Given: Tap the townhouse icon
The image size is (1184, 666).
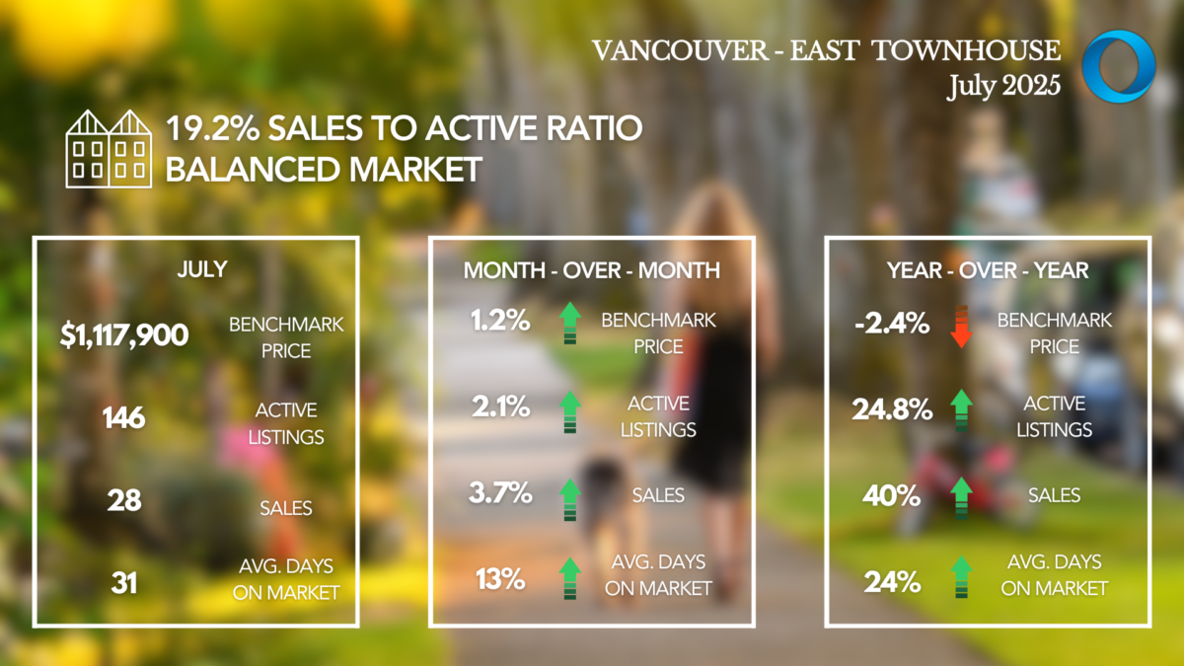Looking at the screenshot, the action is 109,149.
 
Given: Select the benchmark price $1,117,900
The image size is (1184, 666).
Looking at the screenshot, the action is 124,335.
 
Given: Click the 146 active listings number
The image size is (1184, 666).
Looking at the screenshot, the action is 123,418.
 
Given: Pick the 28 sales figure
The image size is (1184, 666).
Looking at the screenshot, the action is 124,500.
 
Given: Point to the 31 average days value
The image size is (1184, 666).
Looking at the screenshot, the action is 124,583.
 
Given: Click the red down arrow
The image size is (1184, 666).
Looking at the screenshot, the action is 961,327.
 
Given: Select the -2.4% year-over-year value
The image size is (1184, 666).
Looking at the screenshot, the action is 892,323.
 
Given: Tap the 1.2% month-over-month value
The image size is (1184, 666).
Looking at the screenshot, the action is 500,321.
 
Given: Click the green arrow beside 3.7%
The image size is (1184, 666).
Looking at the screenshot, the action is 570,500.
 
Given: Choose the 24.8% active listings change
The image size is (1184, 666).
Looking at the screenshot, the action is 892,409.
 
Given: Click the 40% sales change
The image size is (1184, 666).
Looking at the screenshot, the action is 892,495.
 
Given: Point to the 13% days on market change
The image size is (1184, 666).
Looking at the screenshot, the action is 500,579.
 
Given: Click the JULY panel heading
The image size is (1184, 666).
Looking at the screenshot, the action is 202,269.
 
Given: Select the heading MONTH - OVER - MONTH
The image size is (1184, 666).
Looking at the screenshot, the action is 591,270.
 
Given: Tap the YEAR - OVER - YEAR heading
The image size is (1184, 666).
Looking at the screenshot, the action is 988,270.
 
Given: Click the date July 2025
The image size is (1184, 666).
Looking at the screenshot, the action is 1003,86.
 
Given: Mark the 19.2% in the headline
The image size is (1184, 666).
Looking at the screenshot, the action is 213,128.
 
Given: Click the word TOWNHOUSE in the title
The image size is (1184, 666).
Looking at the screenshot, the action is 966,50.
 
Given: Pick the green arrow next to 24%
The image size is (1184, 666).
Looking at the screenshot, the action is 961,577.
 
